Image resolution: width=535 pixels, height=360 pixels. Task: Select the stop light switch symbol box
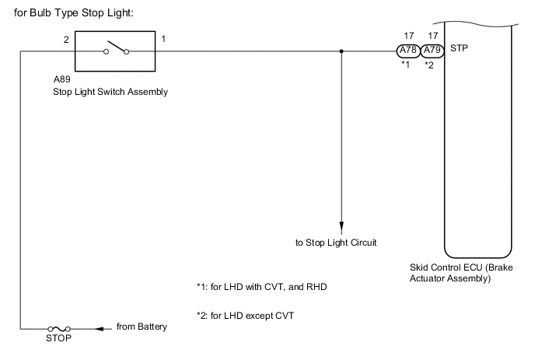coord(115,53)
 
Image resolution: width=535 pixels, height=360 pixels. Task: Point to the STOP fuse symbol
coord(59,328)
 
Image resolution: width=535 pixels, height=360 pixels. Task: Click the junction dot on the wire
coord(341,52)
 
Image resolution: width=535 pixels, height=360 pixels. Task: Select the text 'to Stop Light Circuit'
coord(336,243)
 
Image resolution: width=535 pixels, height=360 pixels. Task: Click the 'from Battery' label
coord(141,327)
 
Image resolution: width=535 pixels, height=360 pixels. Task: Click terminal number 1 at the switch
coord(163,37)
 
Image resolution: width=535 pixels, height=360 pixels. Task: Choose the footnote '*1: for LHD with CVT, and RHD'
coord(263,286)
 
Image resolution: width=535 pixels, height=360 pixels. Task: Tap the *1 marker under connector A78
coord(404,65)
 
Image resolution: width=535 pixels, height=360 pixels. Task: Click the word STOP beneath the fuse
coord(59,339)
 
